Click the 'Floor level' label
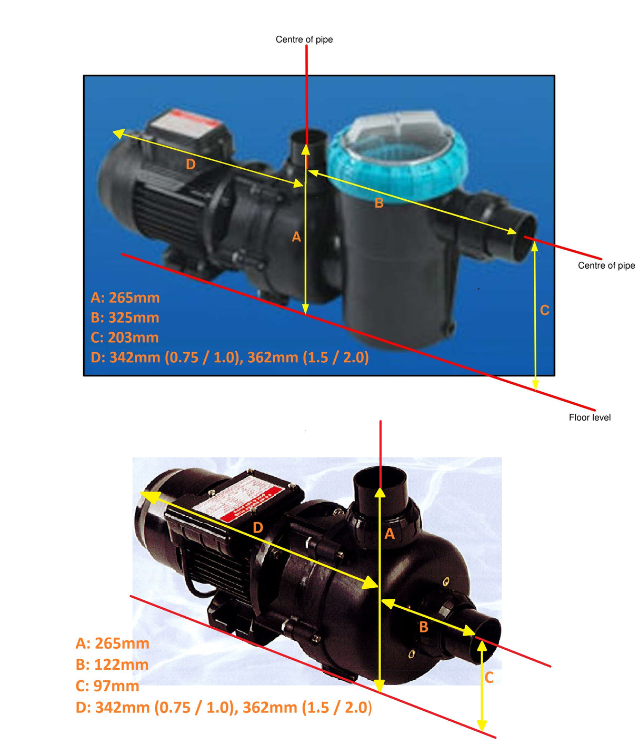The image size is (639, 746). (x=590, y=417)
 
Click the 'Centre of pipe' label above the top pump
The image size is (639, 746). (x=304, y=39)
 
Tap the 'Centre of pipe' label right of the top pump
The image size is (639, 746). (x=606, y=265)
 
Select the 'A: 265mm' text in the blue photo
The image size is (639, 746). (x=125, y=298)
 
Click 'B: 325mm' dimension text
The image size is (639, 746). (x=125, y=318)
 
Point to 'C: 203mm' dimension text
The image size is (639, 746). (x=125, y=338)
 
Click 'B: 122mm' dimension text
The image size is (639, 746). (x=112, y=665)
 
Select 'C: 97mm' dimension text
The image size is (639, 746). (x=107, y=686)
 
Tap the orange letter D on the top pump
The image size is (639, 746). (x=191, y=165)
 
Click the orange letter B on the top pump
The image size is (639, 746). (x=379, y=203)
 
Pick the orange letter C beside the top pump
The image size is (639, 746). (x=545, y=310)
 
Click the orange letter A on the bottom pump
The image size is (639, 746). (x=390, y=534)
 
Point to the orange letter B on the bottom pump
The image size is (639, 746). (x=424, y=627)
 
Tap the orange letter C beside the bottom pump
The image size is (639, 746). (x=489, y=677)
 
